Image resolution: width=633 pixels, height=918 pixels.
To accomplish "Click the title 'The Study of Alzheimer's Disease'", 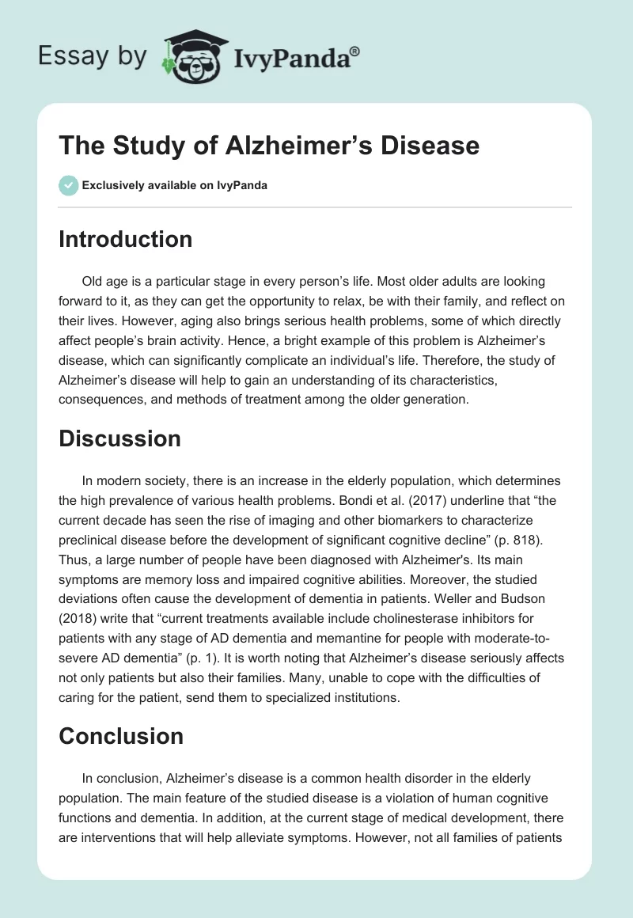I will (269, 146).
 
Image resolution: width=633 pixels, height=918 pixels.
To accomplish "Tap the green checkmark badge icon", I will (67, 186).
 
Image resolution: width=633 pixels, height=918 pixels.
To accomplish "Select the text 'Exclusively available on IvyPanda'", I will (175, 186).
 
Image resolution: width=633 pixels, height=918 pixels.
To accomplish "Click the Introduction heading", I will (125, 239).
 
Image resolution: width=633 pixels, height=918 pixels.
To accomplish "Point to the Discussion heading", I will (119, 438).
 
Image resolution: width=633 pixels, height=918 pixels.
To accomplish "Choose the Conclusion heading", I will (120, 736).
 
